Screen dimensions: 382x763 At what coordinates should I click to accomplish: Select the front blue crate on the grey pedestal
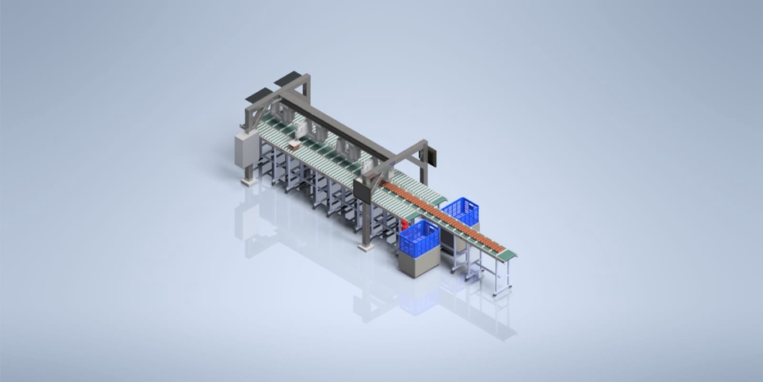click(419, 237)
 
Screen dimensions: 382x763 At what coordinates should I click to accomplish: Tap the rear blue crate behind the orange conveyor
click(461, 211)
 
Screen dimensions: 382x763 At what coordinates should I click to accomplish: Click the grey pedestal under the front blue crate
click(417, 263)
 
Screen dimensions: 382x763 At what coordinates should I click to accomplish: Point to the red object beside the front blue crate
click(404, 226)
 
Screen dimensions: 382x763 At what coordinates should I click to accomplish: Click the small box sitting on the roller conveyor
click(294, 145)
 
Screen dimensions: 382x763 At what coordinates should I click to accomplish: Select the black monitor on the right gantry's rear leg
click(432, 155)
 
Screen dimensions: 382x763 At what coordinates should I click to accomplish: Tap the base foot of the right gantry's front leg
click(366, 247)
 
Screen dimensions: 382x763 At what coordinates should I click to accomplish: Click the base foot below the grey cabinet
click(249, 182)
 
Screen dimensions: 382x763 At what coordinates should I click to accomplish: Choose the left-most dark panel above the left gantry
click(258, 95)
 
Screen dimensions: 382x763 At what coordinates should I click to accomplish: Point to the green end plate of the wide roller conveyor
click(437, 201)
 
